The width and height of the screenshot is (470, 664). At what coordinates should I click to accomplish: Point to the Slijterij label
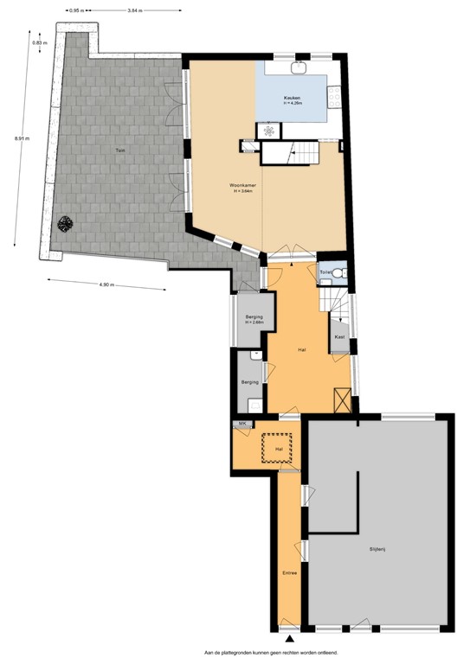[x=377, y=549]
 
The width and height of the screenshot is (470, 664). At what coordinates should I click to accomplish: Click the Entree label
[x=289, y=572]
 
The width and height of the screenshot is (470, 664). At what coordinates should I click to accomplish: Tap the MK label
[x=243, y=423]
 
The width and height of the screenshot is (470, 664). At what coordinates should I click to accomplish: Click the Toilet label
[x=325, y=272]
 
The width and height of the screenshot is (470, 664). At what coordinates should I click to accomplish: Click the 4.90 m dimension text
[x=107, y=284]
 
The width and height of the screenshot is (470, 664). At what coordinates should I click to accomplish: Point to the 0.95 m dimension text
[x=75, y=10]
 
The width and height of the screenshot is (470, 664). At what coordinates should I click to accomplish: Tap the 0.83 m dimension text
[x=39, y=42]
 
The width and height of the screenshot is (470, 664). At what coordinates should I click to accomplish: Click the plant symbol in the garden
[x=64, y=224]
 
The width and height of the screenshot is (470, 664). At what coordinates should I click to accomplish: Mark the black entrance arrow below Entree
[x=289, y=636]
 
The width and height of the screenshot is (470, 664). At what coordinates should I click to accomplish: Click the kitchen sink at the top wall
[x=302, y=66]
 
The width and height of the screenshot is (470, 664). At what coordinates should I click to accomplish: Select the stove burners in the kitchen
[x=269, y=131]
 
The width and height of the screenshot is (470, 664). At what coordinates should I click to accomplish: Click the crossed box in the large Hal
[x=343, y=401]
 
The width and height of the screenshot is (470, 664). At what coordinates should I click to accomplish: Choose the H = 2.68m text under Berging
[x=254, y=322]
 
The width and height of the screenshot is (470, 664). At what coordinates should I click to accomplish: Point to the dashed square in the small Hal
[x=279, y=449]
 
